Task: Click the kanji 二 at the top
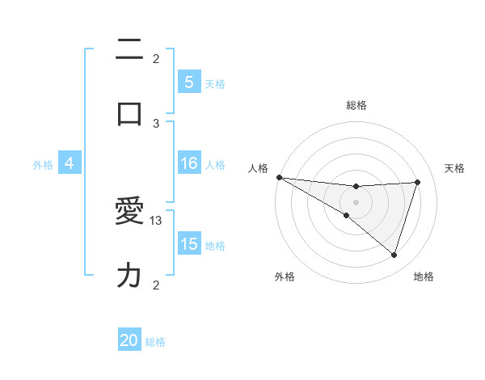(129, 49)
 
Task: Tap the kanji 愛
(129, 213)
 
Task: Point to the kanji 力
(129, 277)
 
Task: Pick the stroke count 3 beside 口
(157, 123)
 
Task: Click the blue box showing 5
(188, 82)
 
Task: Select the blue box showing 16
(188, 164)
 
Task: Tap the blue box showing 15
(188, 245)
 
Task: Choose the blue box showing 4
(70, 164)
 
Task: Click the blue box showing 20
(129, 341)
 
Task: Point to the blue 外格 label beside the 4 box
(43, 165)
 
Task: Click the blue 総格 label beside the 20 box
(155, 342)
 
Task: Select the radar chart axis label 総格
(356, 105)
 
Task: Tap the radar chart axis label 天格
(455, 168)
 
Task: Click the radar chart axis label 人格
(257, 168)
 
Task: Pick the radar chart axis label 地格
(424, 277)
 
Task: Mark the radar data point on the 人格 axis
(279, 177)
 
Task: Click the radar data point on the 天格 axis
(418, 182)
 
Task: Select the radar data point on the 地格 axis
(394, 255)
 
